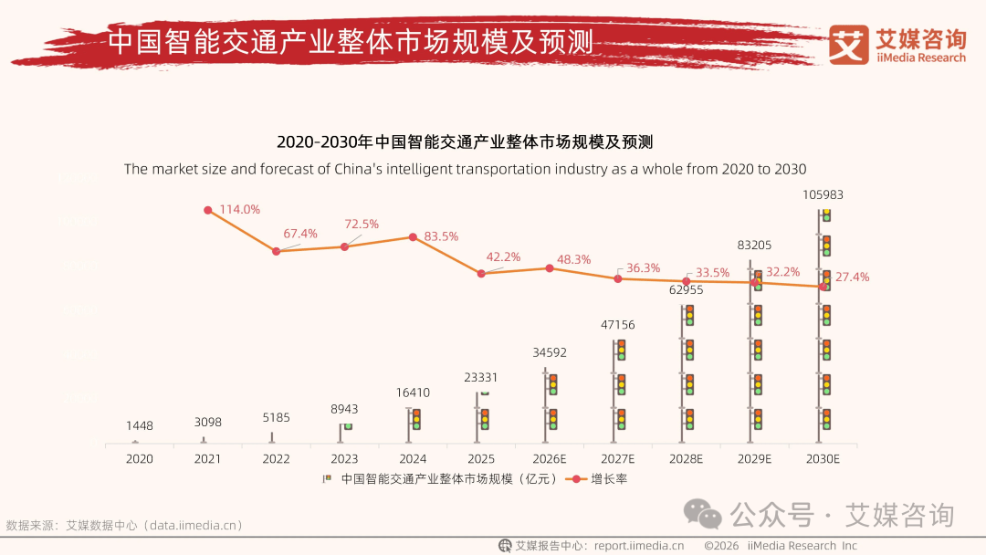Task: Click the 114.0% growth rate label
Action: tap(240, 210)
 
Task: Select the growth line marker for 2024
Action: tap(413, 236)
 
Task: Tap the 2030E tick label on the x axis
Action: tap(823, 459)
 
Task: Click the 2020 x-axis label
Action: tap(139, 459)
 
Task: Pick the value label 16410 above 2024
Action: tap(413, 393)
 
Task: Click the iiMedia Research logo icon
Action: tap(848, 45)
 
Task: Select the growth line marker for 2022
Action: tap(277, 250)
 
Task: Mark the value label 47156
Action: tap(617, 325)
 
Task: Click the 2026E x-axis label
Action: tap(550, 459)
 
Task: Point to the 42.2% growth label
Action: tap(502, 257)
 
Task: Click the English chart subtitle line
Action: tap(465, 169)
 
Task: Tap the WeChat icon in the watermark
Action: tap(704, 515)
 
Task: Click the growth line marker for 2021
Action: tap(208, 210)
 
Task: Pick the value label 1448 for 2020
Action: tap(140, 426)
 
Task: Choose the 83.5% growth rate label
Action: tap(441, 237)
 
